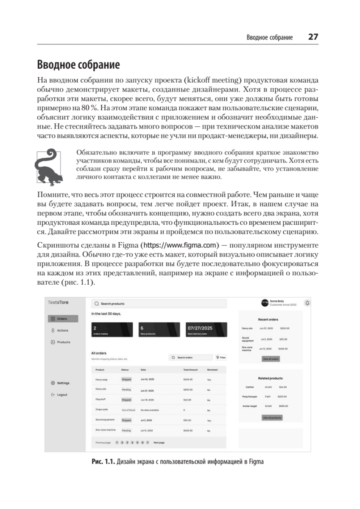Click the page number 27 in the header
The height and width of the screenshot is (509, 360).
pyautogui.click(x=313, y=37)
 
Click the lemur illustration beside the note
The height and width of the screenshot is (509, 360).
pyautogui.click(x=46, y=167)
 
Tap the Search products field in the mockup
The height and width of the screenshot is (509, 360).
pyautogui.click(x=159, y=304)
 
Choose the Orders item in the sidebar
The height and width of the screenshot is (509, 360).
pyautogui.click(x=63, y=319)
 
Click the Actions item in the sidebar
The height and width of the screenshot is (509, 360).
pyautogui.click(x=62, y=330)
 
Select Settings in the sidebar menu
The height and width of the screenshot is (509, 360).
pyautogui.click(x=63, y=383)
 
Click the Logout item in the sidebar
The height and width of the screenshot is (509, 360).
pyautogui.click(x=62, y=395)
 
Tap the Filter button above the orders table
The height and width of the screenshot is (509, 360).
pyautogui.click(x=220, y=358)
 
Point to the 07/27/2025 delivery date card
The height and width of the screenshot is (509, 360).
pyautogui.click(x=202, y=330)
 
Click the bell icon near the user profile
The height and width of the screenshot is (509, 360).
pyautogui.click(x=307, y=303)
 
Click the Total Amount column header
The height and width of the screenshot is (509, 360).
pyautogui.click(x=190, y=370)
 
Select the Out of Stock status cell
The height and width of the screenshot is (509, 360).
pyautogui.click(x=128, y=410)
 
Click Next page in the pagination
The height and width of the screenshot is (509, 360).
pyautogui.click(x=159, y=442)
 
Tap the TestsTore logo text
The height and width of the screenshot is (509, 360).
pyautogui.click(x=58, y=302)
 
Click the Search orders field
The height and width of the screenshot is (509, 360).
pyautogui.click(x=190, y=358)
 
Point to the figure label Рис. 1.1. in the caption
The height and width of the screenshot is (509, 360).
pyautogui.click(x=103, y=462)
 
